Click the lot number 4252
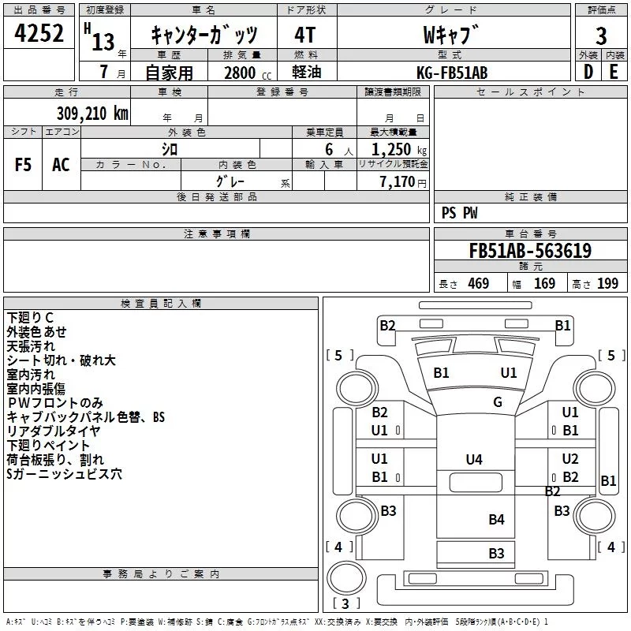39,33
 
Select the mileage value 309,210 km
92,114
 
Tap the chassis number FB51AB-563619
530,250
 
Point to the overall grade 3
601,35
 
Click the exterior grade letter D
588,72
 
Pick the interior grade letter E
614,72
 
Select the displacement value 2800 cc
248,73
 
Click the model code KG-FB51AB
452,73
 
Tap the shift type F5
23,165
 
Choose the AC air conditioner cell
61,165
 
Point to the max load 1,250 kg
399,150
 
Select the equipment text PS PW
459,213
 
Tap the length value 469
479,284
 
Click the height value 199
607,284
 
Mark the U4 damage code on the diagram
474,459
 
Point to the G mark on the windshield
498,402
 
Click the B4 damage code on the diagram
497,520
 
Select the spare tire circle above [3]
347,577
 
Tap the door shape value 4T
305,35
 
